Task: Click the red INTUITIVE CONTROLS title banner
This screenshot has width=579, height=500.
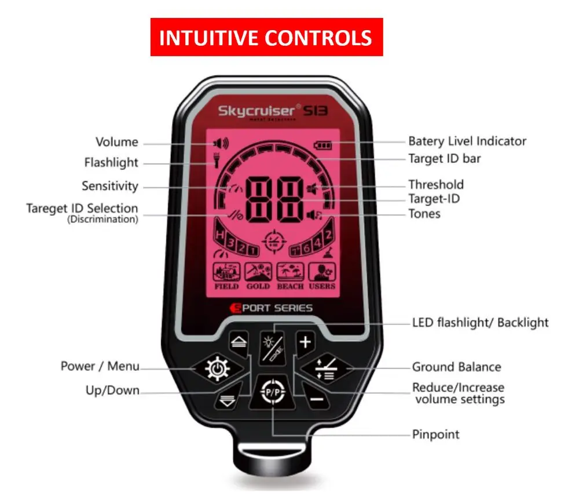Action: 266,38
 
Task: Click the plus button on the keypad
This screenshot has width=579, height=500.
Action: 305,342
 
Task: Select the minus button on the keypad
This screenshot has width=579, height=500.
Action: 316,399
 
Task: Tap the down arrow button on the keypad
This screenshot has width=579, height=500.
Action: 227,400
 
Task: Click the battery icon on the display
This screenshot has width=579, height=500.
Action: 321,144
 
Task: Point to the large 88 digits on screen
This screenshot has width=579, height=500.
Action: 275,200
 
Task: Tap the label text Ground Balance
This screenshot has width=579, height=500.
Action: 456,367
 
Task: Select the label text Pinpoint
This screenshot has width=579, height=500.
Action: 435,434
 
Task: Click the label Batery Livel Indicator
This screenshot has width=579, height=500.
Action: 467,141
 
